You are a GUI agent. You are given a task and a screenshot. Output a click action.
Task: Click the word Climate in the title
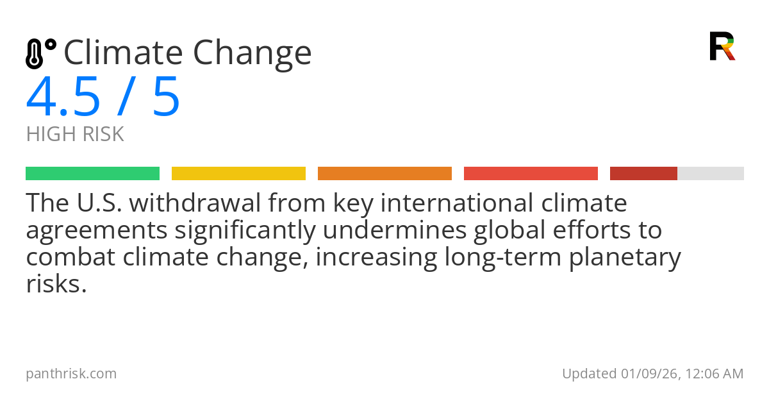tap(123, 52)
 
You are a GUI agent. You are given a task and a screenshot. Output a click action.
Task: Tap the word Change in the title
tap(252, 55)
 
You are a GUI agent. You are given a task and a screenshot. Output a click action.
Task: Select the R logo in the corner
tap(722, 46)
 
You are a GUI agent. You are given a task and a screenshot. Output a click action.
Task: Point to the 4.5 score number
tap(63, 96)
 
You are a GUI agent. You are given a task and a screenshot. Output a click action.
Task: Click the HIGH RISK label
tap(75, 134)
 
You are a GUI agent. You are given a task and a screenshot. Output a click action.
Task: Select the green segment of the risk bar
tap(93, 174)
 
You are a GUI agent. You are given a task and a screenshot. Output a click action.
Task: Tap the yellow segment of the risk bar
tap(238, 174)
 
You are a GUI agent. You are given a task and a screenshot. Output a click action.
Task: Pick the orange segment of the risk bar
tap(385, 174)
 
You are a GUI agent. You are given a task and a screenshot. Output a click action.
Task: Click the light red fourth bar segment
tap(531, 174)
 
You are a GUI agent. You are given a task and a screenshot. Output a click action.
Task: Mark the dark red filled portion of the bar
tap(643, 174)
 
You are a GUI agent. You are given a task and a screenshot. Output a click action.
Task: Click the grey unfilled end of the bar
tap(711, 174)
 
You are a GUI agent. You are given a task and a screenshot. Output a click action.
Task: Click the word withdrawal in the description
tap(195, 203)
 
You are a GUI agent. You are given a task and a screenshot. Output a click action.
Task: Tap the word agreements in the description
tap(97, 231)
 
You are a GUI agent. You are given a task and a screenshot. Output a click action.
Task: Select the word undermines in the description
tap(395, 230)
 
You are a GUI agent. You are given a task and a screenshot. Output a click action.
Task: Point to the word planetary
tap(625, 258)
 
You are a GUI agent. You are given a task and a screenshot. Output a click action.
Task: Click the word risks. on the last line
tap(56, 285)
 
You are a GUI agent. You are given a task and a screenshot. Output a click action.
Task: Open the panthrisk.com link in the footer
tap(71, 374)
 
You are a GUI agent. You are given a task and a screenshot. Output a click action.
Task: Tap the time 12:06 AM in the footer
tap(715, 374)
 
